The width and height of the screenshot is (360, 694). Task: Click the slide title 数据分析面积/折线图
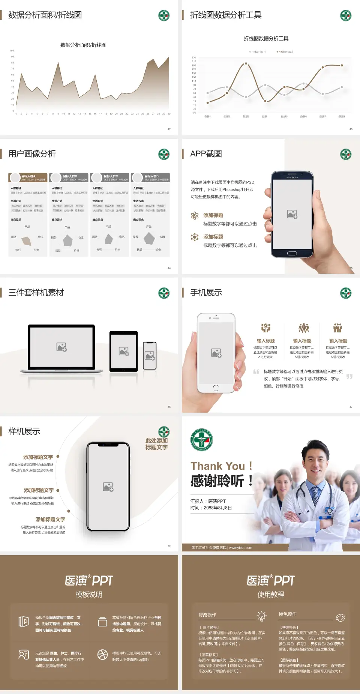point(45,15)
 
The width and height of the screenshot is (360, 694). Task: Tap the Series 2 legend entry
point(286,52)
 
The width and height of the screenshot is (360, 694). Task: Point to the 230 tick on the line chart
point(194,57)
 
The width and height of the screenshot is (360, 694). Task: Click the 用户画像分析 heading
point(32,154)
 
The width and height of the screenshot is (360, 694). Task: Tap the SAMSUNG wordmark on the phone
point(292,177)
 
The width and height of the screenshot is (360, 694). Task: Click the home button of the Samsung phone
point(292,253)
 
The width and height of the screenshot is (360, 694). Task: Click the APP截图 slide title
point(206,154)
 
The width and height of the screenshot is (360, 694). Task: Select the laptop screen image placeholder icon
point(61,347)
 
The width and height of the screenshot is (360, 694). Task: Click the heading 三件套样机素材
point(36,293)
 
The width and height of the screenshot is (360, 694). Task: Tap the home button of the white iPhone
point(216,387)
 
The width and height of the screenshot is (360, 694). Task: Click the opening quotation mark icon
point(256,372)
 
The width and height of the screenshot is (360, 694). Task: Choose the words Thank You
point(217,466)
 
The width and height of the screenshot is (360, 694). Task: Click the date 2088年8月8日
point(218,508)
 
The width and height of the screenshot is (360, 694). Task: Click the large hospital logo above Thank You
point(202,440)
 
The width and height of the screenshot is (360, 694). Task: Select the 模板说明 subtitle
point(89,595)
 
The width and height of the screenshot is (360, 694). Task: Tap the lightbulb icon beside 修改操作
point(261,616)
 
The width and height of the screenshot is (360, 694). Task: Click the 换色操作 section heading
point(288,614)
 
